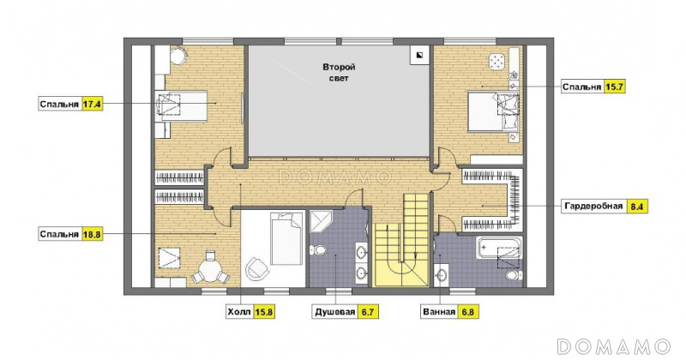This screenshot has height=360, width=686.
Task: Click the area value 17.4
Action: (x=92, y=105)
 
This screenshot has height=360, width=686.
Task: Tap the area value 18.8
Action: (x=92, y=234)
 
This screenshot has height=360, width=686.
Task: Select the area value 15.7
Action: (x=613, y=87)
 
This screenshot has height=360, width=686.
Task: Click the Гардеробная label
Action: (x=593, y=206)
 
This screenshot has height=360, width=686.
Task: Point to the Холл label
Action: (x=239, y=312)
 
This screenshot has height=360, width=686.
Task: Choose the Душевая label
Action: (x=334, y=312)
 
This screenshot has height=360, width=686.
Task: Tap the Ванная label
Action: (x=439, y=312)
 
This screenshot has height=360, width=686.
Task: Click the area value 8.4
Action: (x=637, y=206)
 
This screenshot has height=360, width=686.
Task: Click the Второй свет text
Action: (x=339, y=73)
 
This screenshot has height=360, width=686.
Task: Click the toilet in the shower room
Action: (x=318, y=249)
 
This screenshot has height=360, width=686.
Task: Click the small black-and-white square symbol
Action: (x=419, y=55)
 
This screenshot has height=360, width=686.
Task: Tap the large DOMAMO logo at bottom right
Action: (x=614, y=346)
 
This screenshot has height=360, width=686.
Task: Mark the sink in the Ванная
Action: (x=441, y=276)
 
